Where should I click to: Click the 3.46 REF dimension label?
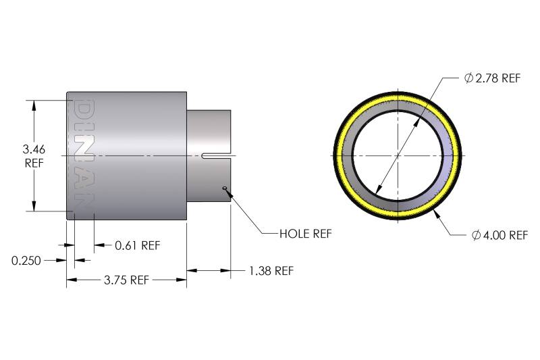click(x=33, y=156)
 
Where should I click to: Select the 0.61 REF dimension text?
click(x=137, y=245)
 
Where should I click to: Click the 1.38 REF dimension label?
click(x=271, y=271)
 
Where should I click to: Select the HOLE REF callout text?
click(x=305, y=234)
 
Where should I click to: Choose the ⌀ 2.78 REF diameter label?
click(x=493, y=78)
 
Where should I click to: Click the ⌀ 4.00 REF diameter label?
click(x=499, y=235)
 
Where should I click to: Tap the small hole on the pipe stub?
click(x=224, y=188)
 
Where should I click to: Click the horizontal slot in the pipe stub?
click(x=216, y=157)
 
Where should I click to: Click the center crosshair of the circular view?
click(x=398, y=156)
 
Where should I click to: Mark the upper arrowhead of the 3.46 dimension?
click(x=33, y=105)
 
